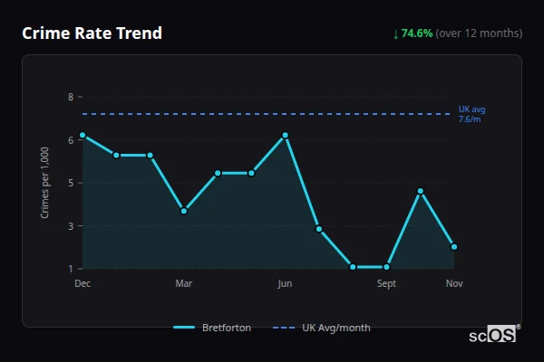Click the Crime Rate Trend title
tap(92, 33)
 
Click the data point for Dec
tap(83, 135)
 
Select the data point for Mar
tap(184, 211)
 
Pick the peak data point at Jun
tap(286, 135)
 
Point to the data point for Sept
tap(387, 267)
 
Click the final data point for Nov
tap(454, 246)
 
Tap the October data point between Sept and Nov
tap(421, 191)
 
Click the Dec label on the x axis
tap(83, 284)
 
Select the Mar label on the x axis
tap(184, 284)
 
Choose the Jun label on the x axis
tap(286, 284)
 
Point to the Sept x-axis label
tap(387, 284)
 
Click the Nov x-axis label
tap(454, 284)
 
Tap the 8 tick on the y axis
tap(70, 97)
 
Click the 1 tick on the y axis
tap(70, 269)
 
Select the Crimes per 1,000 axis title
tap(45, 183)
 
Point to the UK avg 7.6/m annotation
tap(471, 114)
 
